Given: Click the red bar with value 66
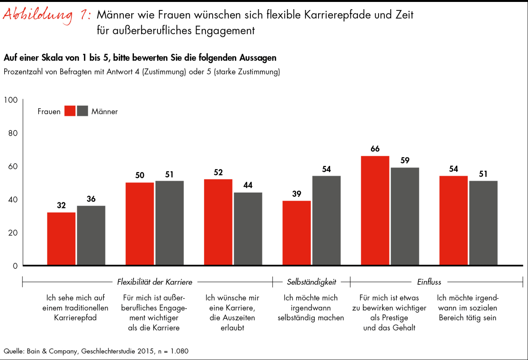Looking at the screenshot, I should pos(375,210).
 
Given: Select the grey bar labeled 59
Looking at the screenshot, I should pos(404,216).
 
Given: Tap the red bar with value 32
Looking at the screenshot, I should pos(61,238).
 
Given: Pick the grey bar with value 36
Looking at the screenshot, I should pos(91,235).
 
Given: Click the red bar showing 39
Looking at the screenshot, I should pos(296,233).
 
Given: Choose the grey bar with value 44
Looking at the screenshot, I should pos(248,228).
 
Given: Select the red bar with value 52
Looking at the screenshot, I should pos(218,222).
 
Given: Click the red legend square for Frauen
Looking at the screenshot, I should pos(70,111).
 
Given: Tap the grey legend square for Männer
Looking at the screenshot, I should pos(83,111).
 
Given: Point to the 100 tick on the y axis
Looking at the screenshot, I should pos(11,100).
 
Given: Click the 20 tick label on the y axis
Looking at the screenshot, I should pos(13,233).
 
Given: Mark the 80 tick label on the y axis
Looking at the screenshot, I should pos(13,133).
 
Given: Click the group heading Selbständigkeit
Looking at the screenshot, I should pos(311,282).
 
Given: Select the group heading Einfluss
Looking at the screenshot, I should pos(429,282).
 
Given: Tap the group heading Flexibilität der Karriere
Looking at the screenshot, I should pos(154,282).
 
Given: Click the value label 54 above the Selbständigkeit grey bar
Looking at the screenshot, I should pos(326,169).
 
